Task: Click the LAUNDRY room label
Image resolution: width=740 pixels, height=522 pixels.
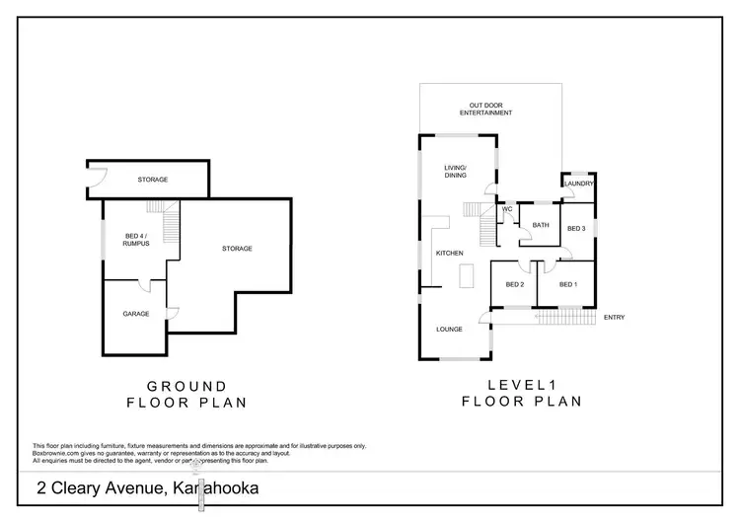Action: tap(578, 184)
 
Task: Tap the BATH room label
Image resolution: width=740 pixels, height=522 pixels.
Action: tap(541, 225)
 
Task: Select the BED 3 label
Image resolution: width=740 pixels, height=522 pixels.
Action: tap(577, 229)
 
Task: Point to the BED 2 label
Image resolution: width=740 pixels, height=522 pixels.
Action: tap(514, 284)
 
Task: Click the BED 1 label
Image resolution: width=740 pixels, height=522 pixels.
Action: tap(567, 284)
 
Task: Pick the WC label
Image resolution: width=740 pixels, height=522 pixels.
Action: tap(507, 209)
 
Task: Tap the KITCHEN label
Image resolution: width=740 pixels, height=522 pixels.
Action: tap(450, 254)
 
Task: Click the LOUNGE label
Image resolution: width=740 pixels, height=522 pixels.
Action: tap(450, 329)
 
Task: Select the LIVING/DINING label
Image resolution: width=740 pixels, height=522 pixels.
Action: tap(456, 172)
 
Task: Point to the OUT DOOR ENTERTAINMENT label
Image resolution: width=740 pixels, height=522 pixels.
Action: tap(490, 110)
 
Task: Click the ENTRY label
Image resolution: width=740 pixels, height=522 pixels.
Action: tap(614, 317)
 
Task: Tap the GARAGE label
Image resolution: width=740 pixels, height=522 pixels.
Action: tap(136, 314)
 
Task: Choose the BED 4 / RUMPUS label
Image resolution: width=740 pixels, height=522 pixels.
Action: tap(136, 239)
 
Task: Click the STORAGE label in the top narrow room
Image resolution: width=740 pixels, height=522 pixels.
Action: tap(153, 180)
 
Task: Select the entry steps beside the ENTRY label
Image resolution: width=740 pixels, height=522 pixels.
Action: tap(566, 317)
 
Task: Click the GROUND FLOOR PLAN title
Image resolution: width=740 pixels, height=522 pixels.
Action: tap(187, 394)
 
